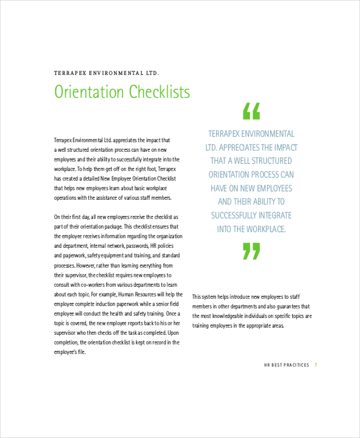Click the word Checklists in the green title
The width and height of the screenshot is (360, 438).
click(x=157, y=92)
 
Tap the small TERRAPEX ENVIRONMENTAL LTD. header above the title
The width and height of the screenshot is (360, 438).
click(x=107, y=73)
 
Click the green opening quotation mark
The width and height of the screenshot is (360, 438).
click(x=251, y=111)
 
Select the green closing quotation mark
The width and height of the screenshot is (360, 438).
click(x=251, y=251)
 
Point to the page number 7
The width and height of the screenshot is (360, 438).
click(x=316, y=365)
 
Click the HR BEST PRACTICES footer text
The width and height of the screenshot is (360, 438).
click(x=286, y=365)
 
